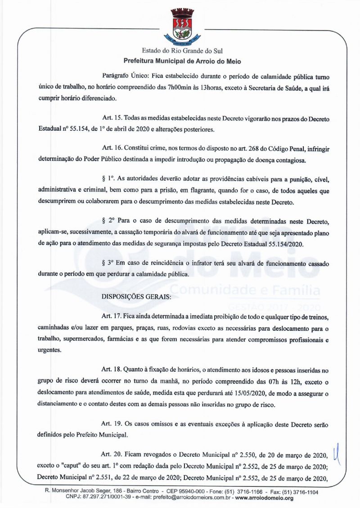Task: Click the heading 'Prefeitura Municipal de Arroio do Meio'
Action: click(x=182, y=60)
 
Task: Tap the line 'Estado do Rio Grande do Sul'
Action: click(x=182, y=51)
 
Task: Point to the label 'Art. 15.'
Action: click(x=113, y=117)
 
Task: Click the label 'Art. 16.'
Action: click(x=113, y=147)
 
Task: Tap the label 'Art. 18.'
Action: click(x=113, y=370)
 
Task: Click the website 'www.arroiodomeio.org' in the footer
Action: click(x=264, y=498)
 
